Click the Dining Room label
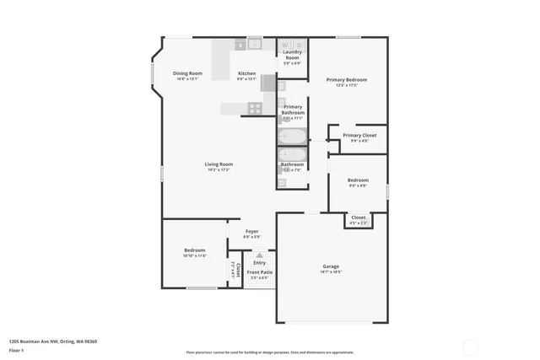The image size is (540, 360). (x=187, y=73)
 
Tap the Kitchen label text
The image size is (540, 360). (x=246, y=73)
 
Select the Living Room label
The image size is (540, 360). (x=219, y=164)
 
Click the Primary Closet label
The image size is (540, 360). (x=359, y=135)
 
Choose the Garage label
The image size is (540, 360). (x=331, y=266)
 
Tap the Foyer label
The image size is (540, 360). (x=251, y=231)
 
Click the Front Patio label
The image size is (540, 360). (x=259, y=272)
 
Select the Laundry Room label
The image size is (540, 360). (x=292, y=56)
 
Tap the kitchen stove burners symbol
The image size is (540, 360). (x=254, y=107)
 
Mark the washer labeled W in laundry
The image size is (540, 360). (x=285, y=44)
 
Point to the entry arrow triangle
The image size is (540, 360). (x=260, y=255)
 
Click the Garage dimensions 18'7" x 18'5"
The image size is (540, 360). (x=331, y=272)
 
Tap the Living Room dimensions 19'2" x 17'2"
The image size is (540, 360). (x=219, y=169)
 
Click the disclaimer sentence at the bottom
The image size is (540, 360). (x=270, y=352)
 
